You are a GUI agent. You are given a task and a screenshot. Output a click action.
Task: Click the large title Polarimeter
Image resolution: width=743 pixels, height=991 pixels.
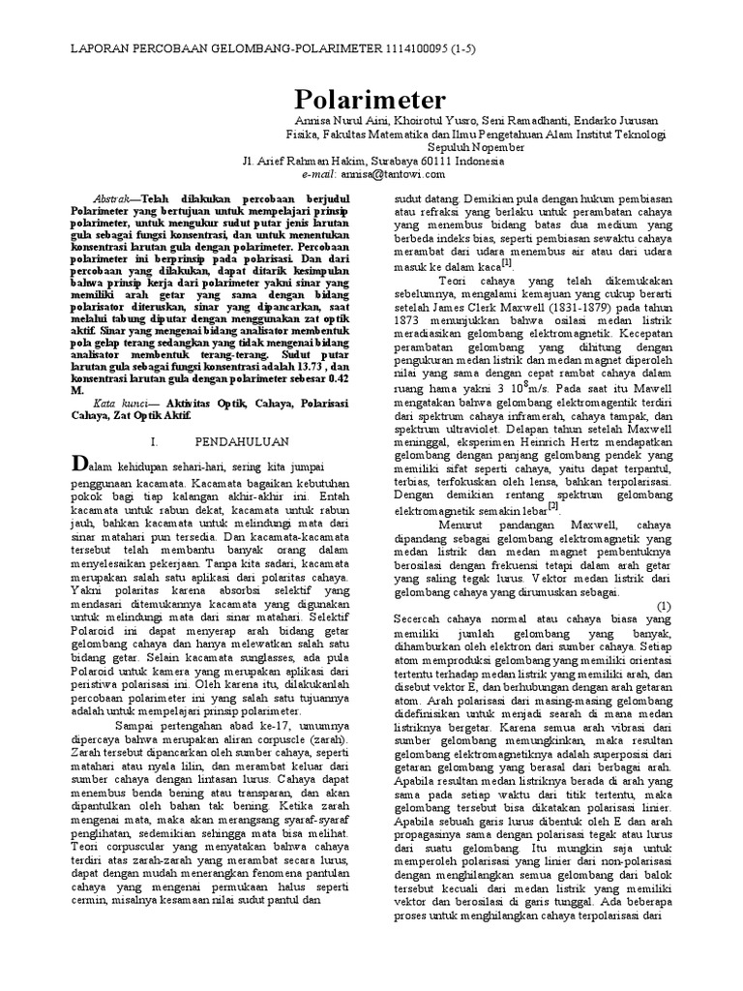tap(371, 101)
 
